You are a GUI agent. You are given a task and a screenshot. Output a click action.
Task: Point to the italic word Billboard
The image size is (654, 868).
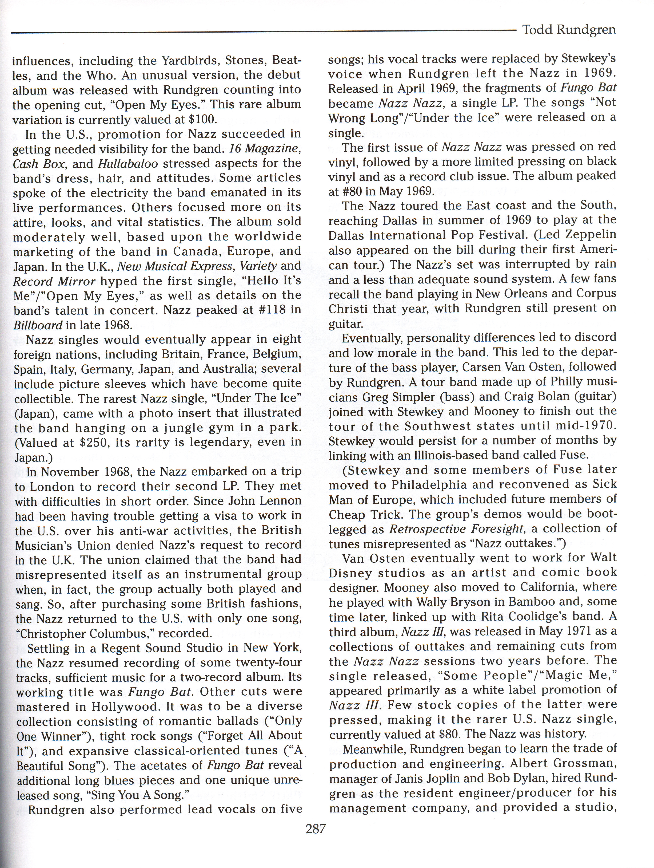click(38, 325)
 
